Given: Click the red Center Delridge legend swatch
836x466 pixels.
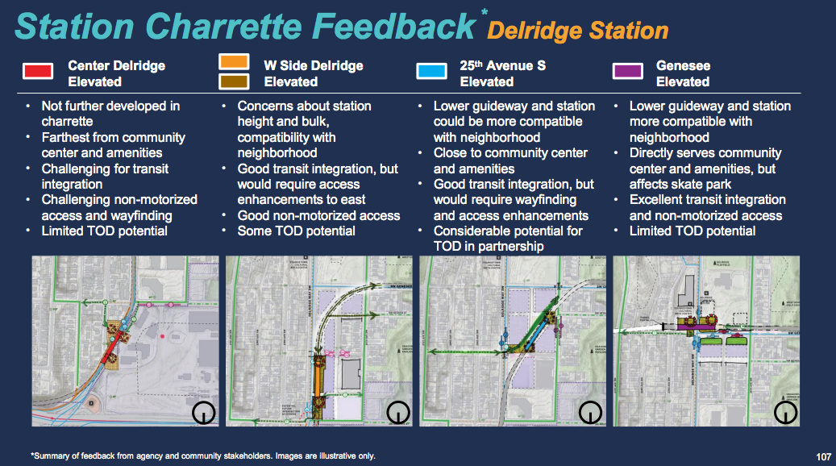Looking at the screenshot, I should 38,71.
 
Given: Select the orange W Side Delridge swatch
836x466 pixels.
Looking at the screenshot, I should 233,62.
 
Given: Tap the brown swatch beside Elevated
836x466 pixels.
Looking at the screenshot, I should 233,81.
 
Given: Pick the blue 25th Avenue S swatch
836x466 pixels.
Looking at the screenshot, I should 431,71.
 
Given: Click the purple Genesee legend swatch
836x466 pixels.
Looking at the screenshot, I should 627,71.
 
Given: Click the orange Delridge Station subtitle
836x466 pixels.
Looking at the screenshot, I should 578,31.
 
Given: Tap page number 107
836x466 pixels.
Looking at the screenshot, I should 822,456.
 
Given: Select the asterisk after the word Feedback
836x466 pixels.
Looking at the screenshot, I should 484,12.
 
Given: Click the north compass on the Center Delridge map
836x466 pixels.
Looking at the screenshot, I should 204,413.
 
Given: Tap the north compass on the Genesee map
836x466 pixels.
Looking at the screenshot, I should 785,413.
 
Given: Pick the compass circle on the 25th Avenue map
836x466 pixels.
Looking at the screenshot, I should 591,413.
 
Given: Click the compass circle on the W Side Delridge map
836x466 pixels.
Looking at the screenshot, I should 398,413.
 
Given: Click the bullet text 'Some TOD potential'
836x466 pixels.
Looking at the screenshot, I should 296,231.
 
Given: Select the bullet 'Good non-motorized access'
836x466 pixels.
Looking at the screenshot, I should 318,215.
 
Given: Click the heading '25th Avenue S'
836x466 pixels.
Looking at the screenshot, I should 502,65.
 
